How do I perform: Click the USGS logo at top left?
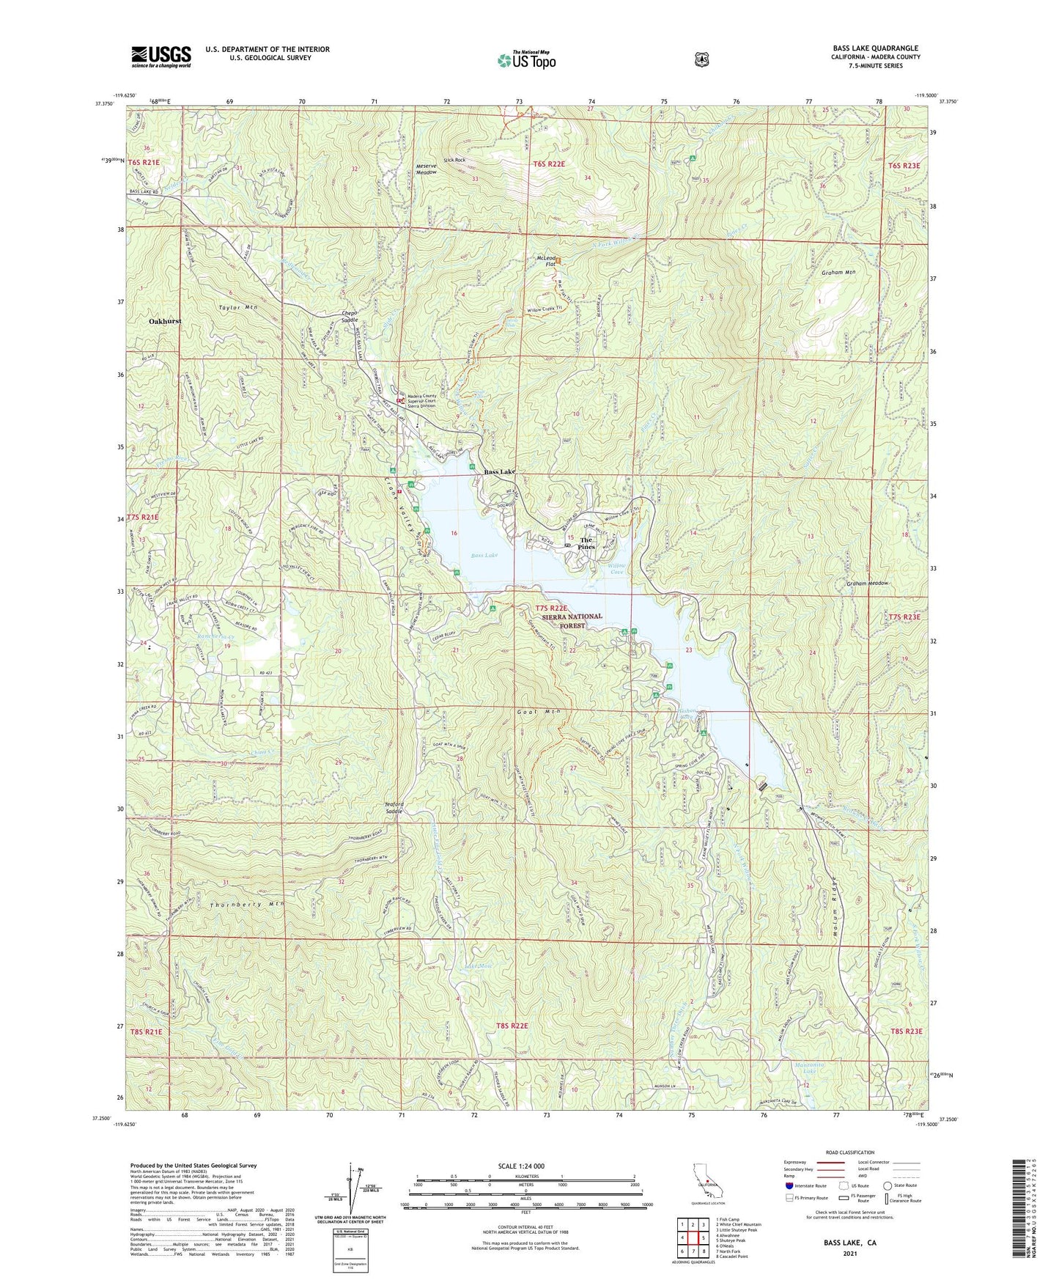(x=160, y=56)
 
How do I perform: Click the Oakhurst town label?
(x=165, y=321)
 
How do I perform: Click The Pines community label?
(x=586, y=544)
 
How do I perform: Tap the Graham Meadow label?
(x=867, y=583)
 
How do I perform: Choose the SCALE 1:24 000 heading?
(x=521, y=1166)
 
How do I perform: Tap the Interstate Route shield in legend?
(x=789, y=1185)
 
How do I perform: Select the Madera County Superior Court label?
(x=420, y=400)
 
